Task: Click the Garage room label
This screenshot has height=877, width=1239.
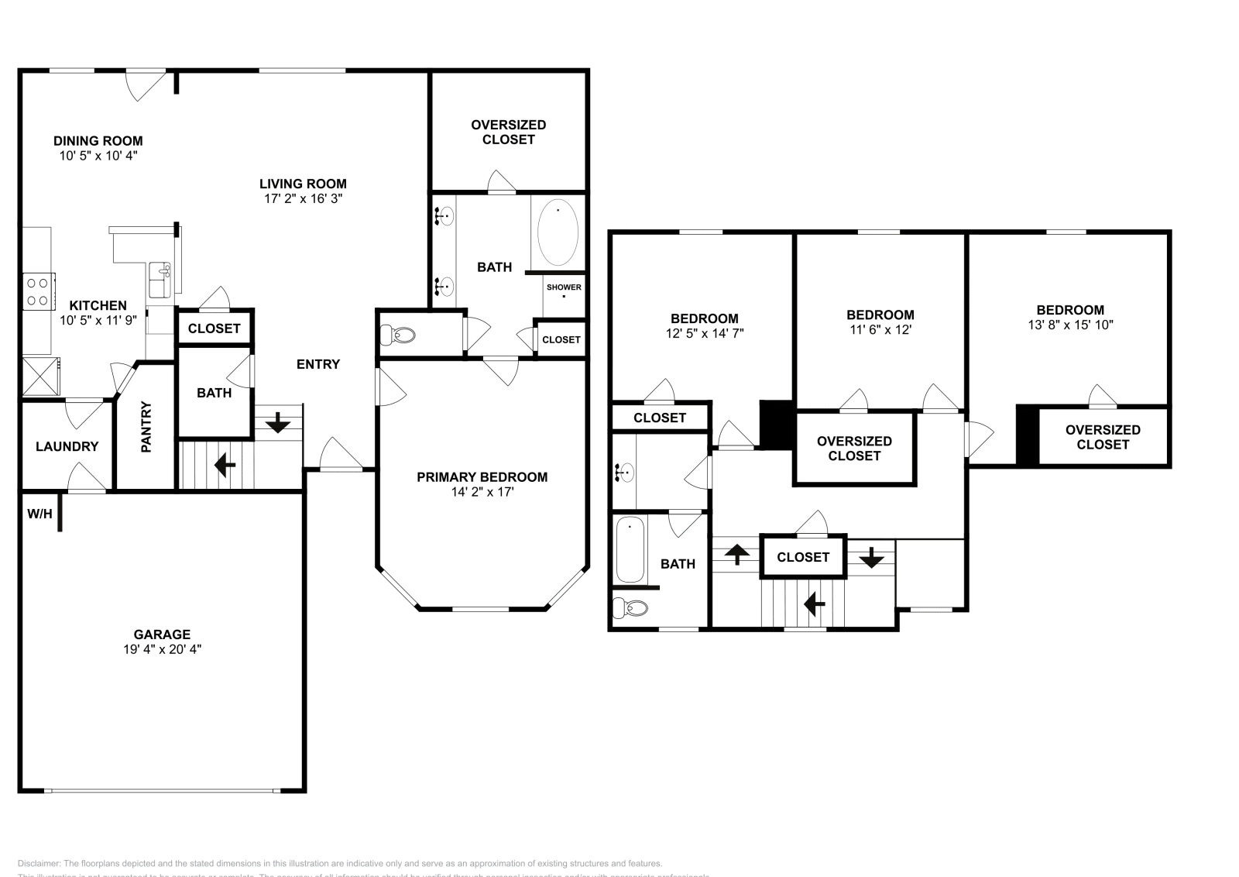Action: pos(162,635)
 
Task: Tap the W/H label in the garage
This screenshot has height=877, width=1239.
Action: pos(39,514)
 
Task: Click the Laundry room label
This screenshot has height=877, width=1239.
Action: pos(67,446)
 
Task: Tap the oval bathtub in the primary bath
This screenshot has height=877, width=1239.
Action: pos(558,232)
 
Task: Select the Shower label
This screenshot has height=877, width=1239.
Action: pos(564,287)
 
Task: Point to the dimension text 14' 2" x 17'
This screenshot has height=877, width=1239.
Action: pos(482,492)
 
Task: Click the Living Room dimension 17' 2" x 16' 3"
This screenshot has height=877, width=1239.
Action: pos(303,198)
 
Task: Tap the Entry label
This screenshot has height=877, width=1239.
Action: pos(318,364)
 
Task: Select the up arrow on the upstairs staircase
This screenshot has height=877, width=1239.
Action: pos(736,555)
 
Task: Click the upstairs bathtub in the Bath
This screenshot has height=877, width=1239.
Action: pos(630,551)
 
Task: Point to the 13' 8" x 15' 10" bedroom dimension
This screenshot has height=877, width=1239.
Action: pos(1070,325)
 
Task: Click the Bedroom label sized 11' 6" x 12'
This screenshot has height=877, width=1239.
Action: pos(880,315)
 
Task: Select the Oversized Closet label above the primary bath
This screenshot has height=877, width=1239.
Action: pos(509,132)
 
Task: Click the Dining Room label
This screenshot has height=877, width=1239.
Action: pos(98,141)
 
